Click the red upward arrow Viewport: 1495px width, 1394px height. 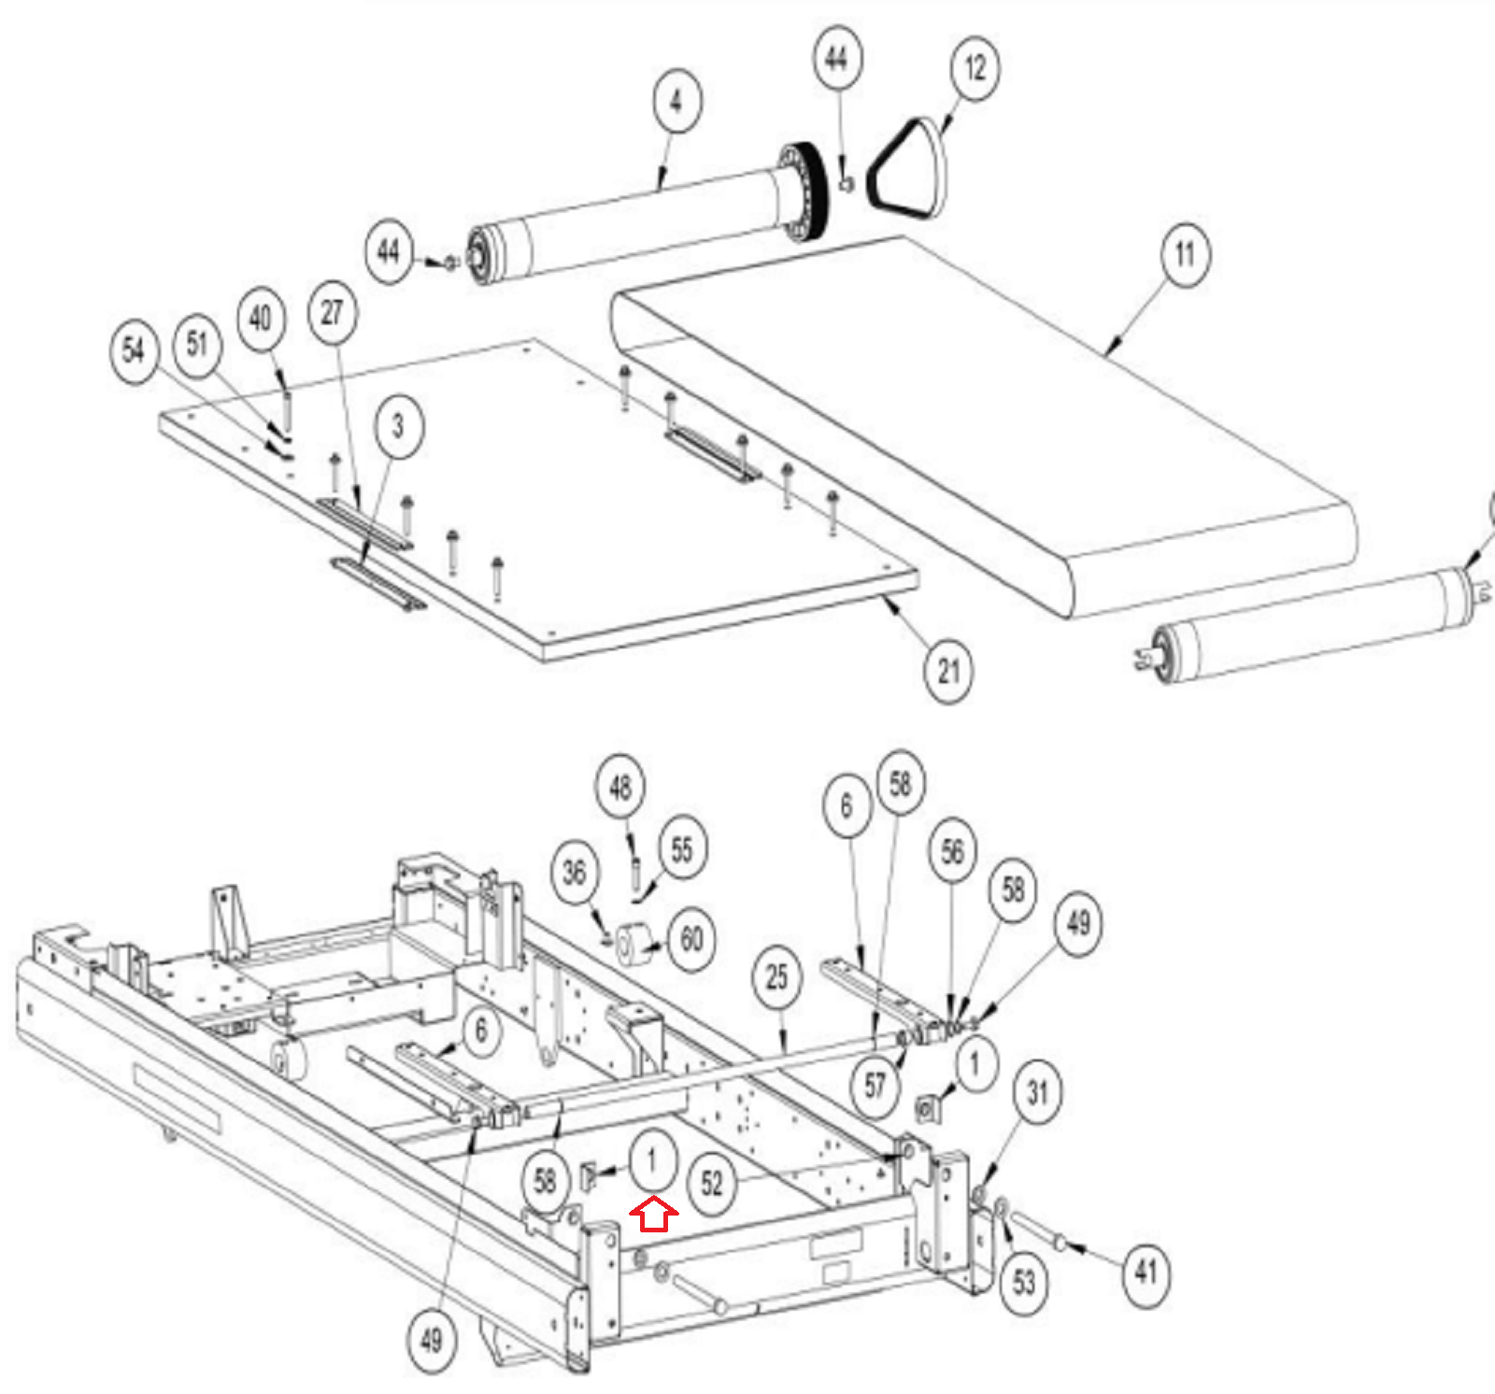click(x=654, y=1214)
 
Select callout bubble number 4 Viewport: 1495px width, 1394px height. click(x=676, y=101)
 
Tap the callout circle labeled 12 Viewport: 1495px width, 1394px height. click(x=975, y=68)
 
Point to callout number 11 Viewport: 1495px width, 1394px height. click(x=1185, y=254)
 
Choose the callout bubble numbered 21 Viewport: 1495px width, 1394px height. click(x=948, y=671)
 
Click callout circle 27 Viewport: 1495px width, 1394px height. click(x=333, y=312)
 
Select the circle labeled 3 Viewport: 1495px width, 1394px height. click(x=399, y=426)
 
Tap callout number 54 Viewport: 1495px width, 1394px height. click(x=135, y=351)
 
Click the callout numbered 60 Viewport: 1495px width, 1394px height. click(x=691, y=939)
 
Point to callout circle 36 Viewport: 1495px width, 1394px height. click(x=575, y=873)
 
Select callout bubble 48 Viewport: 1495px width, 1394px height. click(x=620, y=787)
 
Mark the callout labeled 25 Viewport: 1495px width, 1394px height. click(x=777, y=977)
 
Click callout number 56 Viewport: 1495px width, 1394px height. click(x=952, y=850)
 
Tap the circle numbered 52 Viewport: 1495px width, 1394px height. click(x=712, y=1185)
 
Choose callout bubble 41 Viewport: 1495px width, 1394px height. click(x=1146, y=1272)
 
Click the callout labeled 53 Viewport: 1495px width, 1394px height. click(x=1024, y=1282)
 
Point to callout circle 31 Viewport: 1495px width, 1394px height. click(x=1037, y=1091)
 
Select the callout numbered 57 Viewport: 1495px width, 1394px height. click(x=876, y=1086)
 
